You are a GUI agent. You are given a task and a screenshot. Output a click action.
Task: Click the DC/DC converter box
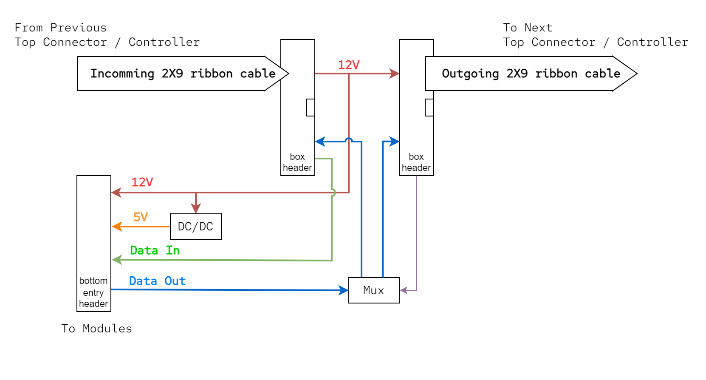(x=195, y=227)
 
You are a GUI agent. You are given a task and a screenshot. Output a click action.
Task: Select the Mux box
(x=374, y=290)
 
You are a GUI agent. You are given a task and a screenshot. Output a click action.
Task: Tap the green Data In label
(x=155, y=250)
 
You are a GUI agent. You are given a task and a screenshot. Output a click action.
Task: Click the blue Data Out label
(x=157, y=281)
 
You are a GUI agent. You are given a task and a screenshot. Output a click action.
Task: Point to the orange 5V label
(x=141, y=217)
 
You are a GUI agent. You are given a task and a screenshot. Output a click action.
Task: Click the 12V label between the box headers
(x=348, y=65)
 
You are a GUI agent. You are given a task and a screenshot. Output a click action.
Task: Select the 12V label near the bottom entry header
(x=142, y=182)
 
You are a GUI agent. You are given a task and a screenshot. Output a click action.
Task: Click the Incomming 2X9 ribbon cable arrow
(x=183, y=74)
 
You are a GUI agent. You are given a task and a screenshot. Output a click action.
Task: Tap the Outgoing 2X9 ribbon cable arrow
(x=531, y=74)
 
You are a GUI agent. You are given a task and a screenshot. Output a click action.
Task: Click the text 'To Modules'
(x=96, y=329)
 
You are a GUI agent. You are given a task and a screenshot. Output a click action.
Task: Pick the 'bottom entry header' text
(x=93, y=292)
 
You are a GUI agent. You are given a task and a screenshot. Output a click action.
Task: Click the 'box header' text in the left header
(x=297, y=162)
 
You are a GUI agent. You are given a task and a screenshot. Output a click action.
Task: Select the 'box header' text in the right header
(x=416, y=162)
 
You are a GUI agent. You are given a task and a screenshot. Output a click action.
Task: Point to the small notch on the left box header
(x=311, y=108)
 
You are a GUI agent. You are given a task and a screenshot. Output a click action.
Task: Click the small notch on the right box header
(x=429, y=108)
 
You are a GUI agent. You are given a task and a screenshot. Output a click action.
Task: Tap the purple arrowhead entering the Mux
(x=404, y=290)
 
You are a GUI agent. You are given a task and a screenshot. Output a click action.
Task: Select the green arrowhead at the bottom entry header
(x=117, y=259)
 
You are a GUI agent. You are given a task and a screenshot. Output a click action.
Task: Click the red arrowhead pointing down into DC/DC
(x=195, y=208)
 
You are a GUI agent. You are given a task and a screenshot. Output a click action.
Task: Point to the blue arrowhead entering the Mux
(x=344, y=290)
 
